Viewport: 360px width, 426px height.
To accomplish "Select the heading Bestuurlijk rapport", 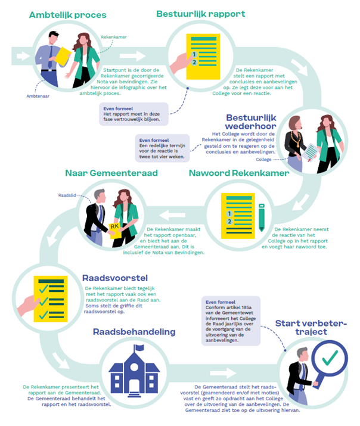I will tap(200, 14).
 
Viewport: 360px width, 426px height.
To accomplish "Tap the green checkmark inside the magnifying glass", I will tap(329, 359).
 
